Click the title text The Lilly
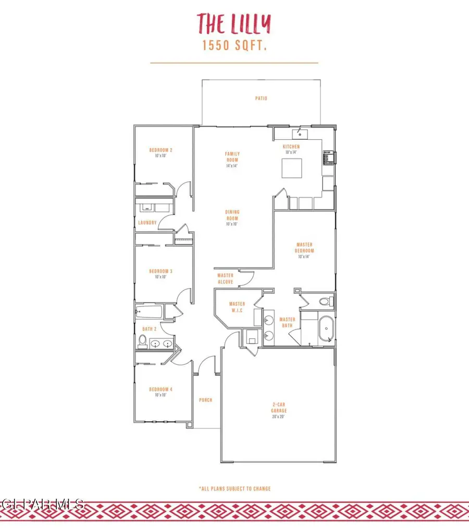[x=234, y=23]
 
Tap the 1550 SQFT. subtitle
[x=234, y=46]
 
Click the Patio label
[x=261, y=98]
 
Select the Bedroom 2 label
[x=161, y=150]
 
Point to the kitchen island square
[x=292, y=168]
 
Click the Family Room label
[x=232, y=156]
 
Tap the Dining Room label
[x=232, y=215]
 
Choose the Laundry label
[x=147, y=223]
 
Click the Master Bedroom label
[x=304, y=247]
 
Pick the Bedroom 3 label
[x=161, y=271]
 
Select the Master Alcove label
[x=226, y=278]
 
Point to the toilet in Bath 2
[x=142, y=341]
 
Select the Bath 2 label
[x=147, y=329]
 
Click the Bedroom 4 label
[x=161, y=389]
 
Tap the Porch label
[x=206, y=400]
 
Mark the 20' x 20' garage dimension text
[x=279, y=416]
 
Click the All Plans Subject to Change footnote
[x=234, y=489]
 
